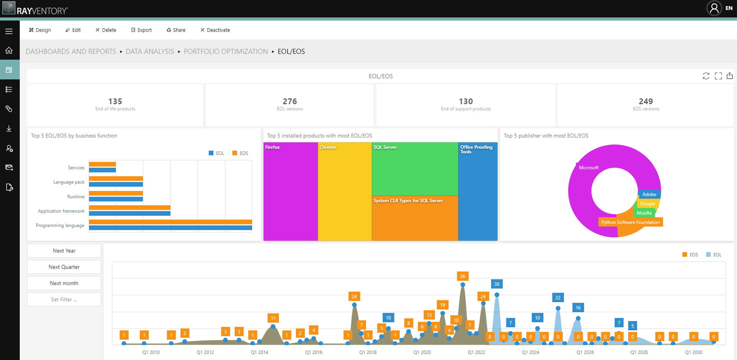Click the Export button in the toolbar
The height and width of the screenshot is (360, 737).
[141, 30]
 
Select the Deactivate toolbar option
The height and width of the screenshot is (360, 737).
[215, 30]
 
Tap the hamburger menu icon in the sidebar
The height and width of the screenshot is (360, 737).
[9, 32]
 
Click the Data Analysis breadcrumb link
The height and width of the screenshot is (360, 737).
[150, 51]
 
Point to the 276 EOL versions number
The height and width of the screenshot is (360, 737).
[290, 101]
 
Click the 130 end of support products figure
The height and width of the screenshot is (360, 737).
[466, 101]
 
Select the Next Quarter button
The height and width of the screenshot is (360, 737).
[64, 267]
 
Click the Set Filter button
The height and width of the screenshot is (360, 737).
[64, 300]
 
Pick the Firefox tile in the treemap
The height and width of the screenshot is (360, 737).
[290, 191]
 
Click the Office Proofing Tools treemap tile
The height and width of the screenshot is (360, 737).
[478, 191]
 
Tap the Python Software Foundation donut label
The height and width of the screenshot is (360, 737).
[631, 222]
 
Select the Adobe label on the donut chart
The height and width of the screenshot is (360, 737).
[649, 194]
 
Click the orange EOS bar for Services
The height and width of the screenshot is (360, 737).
[103, 164]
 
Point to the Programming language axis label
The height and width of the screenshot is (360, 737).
[60, 226]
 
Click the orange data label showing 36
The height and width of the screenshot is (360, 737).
[463, 276]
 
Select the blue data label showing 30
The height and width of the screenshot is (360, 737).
[497, 284]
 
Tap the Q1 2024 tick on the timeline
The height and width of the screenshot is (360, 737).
[530, 352]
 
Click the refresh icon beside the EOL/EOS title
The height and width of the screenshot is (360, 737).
[706, 76]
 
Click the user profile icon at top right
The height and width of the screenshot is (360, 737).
[714, 8]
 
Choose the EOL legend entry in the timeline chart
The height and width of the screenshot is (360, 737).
[714, 255]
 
